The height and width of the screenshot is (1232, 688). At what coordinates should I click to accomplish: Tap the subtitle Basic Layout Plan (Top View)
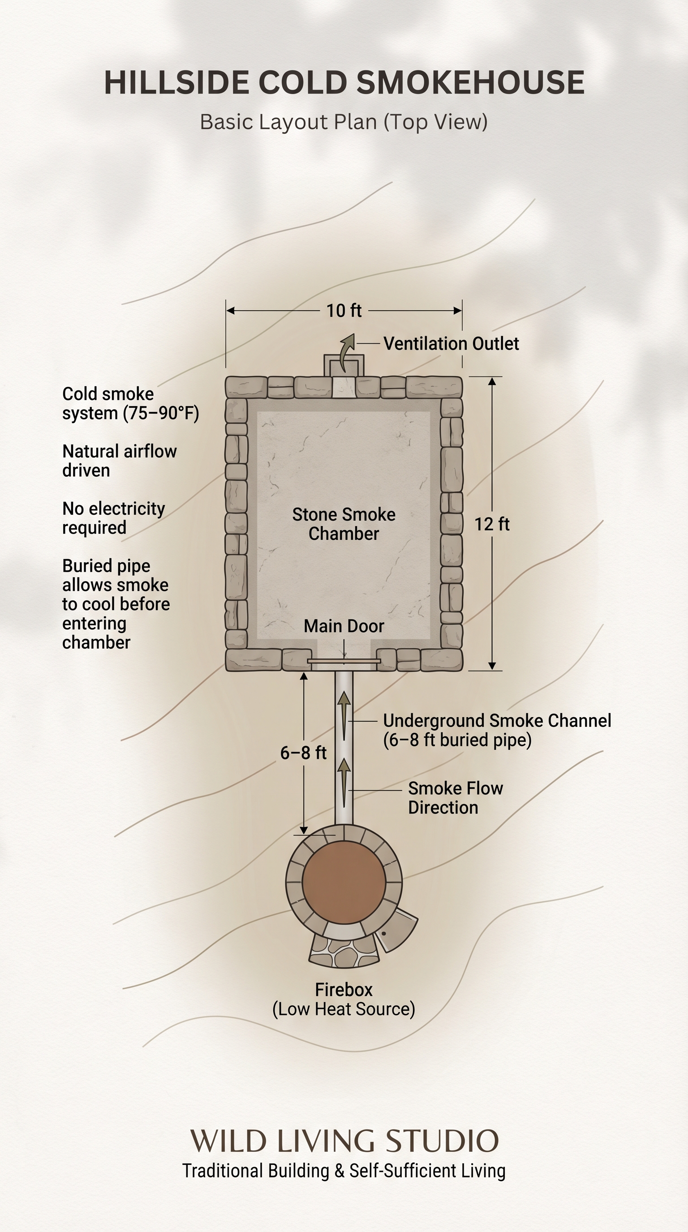pos(344,122)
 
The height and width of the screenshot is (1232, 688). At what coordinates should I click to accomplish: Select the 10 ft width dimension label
pos(344,311)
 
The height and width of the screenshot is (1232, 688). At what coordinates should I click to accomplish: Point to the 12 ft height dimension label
pos(492,524)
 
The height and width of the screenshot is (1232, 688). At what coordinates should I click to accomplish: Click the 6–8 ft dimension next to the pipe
pos(303,753)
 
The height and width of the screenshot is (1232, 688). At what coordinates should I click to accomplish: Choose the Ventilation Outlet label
pos(451,343)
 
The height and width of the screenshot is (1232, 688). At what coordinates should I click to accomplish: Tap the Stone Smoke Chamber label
pos(344,524)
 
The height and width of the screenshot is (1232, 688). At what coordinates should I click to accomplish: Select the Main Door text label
pos(344,626)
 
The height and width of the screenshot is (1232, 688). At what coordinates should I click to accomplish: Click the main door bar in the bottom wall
pos(344,661)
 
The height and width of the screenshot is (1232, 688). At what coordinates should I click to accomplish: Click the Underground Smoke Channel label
pos(497,730)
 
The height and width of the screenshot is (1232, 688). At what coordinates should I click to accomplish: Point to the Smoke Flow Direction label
pos(455,798)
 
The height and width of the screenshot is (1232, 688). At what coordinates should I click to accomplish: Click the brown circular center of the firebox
pos(344,882)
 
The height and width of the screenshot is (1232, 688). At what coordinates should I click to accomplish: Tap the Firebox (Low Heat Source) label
pos(344,999)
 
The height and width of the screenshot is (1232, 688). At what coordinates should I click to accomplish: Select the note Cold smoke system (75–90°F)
pos(130,404)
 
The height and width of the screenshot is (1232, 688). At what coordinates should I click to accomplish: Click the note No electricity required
pos(114,518)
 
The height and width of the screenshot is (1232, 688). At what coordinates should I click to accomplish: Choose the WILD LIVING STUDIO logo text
pos(344,1141)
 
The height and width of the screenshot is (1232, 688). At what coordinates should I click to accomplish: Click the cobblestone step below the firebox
pos(344,952)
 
